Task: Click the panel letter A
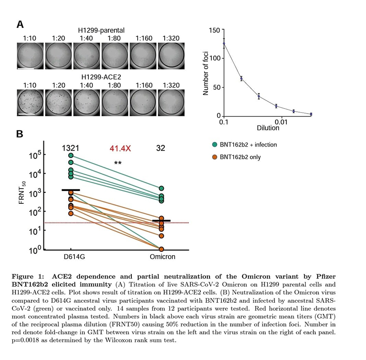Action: tap(20, 24)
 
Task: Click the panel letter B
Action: tap(20, 134)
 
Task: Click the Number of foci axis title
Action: tap(205, 73)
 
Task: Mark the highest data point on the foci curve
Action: tap(224, 44)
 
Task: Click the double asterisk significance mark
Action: tap(118, 164)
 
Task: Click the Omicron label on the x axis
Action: tap(162, 257)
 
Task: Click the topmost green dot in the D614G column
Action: tap(71, 156)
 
